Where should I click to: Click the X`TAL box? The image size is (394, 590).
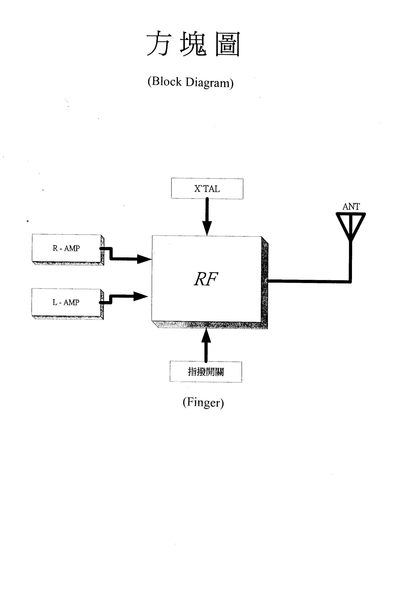pyautogui.click(x=207, y=189)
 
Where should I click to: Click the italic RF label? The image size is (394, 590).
pyautogui.click(x=206, y=279)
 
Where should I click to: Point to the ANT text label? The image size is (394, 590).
pyautogui.click(x=351, y=207)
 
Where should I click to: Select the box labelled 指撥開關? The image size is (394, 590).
pyautogui.click(x=206, y=372)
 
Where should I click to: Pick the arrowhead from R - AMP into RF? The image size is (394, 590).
pyautogui.click(x=144, y=259)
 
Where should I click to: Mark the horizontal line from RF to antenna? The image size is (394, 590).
pyautogui.click(x=309, y=282)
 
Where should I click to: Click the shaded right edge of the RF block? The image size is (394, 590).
pyautogui.click(x=265, y=282)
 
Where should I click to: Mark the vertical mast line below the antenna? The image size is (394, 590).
pyautogui.click(x=350, y=262)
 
